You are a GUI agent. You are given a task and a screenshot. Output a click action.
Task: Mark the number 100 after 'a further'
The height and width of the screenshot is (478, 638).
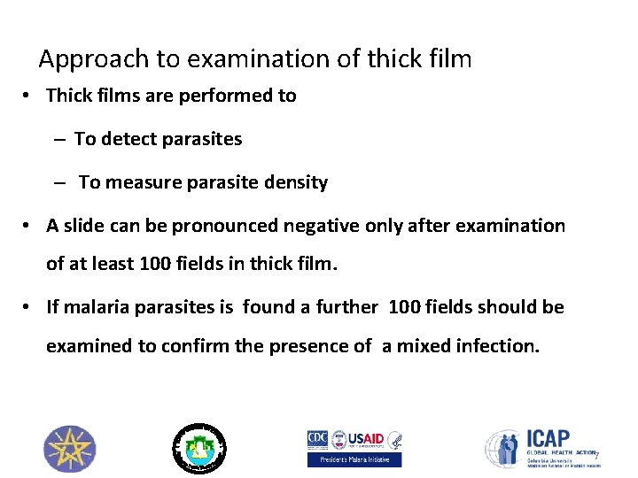(406, 307)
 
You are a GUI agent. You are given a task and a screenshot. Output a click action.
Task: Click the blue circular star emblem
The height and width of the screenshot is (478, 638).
(70, 449)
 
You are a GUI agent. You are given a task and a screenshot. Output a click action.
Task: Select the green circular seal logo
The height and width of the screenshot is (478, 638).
(198, 448)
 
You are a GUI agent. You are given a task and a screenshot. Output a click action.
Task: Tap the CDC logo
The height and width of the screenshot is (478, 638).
(317, 439)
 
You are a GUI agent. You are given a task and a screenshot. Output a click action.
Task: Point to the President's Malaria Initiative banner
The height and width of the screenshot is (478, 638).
(354, 459)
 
